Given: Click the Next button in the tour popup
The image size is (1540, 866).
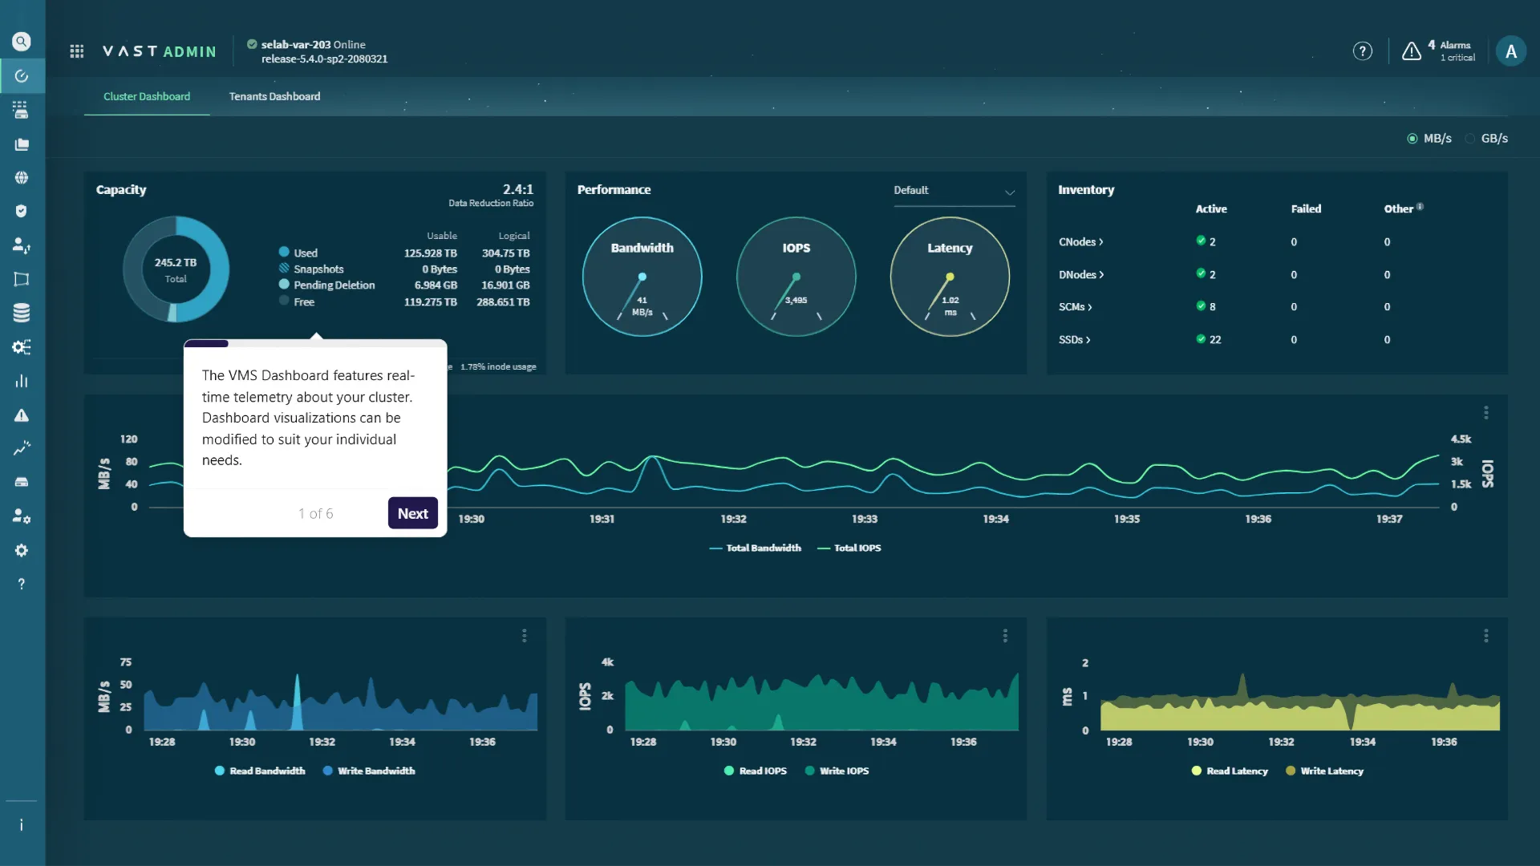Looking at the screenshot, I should (412, 513).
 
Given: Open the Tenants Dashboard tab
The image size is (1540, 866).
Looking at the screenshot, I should (274, 96).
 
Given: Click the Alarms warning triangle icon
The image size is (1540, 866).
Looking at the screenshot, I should (1411, 51).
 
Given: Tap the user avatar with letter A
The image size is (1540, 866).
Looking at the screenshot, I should (1510, 51).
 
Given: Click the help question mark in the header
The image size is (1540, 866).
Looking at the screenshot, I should (1362, 51).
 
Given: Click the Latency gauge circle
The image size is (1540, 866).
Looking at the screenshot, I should (950, 277).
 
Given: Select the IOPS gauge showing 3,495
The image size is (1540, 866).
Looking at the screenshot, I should (796, 277).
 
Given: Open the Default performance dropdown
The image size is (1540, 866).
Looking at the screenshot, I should (954, 191).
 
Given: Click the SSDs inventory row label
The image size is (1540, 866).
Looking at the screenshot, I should (1074, 340).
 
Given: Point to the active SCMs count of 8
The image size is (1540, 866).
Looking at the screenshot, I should (1211, 307).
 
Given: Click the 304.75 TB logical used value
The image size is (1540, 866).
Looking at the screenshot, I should (505, 253).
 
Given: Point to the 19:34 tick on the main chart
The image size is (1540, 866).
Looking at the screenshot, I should (995, 520).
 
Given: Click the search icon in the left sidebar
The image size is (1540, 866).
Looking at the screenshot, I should (22, 42).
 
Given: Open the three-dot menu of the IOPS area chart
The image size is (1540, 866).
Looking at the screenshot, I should (1005, 636).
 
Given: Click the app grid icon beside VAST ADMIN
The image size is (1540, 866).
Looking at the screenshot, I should (77, 51).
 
